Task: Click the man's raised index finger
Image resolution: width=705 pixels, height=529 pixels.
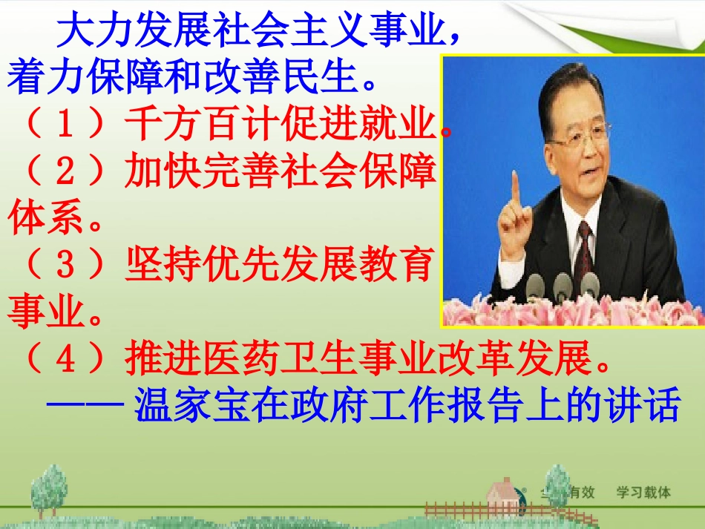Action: [x=515, y=183]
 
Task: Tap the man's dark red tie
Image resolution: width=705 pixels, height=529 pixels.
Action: [x=584, y=252]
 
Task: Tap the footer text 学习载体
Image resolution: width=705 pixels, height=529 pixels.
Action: [x=643, y=492]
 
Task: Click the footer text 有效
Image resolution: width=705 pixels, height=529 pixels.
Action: [x=583, y=492]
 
